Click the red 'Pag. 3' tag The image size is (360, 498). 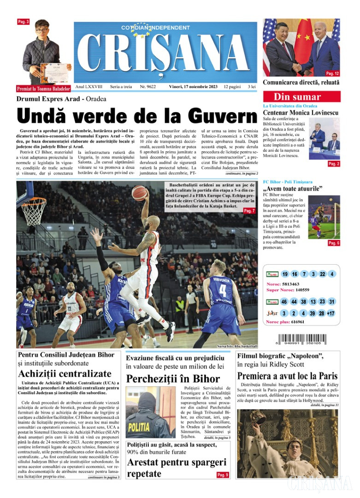click(23, 22)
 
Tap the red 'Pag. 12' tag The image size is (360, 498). click(332, 73)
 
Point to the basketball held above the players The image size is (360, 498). click(139, 193)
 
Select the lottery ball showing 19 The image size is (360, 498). click(285, 274)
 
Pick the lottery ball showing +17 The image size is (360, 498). click(330, 314)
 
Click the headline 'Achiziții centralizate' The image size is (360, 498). click(65, 373)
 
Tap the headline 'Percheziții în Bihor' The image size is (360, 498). click(173, 379)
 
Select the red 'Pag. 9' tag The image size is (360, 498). click(222, 475)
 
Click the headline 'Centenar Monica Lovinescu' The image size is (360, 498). click(301, 113)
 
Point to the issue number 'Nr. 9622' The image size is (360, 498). click(148, 87)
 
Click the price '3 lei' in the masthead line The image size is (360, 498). click(252, 87)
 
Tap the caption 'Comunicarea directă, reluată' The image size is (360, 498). click(301, 83)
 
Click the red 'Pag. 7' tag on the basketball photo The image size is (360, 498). click(249, 211)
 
